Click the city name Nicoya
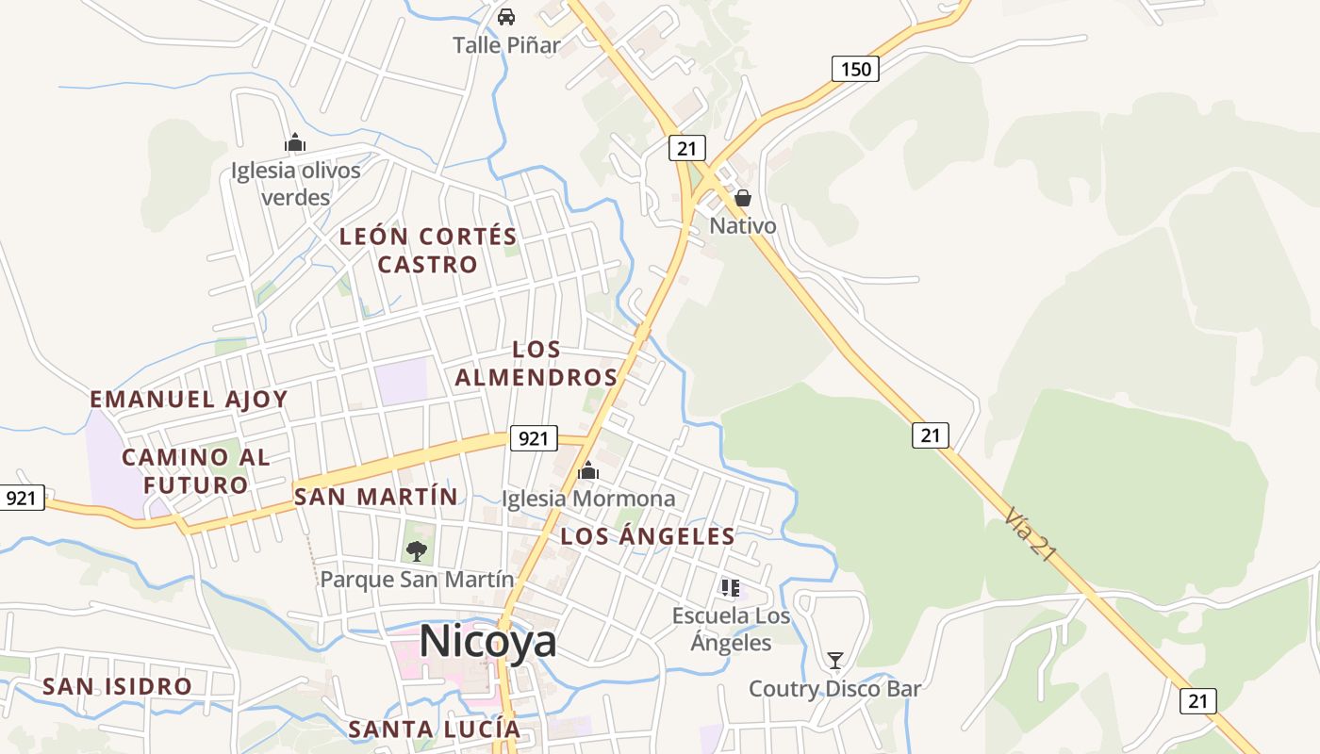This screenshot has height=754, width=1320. click(487, 642)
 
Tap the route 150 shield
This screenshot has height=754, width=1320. click(855, 68)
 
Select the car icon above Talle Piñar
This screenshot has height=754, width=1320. click(506, 16)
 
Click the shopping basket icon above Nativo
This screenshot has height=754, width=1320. click(743, 198)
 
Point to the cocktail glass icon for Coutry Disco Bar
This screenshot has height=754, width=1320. click(834, 660)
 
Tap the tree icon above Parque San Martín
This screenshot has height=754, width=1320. click(416, 550)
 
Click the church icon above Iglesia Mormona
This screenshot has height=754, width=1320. click(588, 470)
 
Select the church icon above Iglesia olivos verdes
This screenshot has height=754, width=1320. click(295, 143)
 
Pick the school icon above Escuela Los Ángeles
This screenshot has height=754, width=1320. click(730, 588)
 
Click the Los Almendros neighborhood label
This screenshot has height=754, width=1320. click(536, 363)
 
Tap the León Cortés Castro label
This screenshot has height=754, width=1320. click(428, 250)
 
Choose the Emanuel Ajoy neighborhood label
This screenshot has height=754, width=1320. click(189, 399)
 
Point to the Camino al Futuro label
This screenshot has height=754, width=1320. click(196, 471)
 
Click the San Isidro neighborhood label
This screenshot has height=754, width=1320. click(117, 686)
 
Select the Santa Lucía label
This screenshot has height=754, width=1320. click(434, 729)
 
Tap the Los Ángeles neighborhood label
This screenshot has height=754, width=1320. click(647, 536)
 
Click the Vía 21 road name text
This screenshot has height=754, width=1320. click(1030, 534)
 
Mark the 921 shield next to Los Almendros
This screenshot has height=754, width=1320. click(533, 437)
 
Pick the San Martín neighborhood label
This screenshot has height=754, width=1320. click(375, 496)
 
